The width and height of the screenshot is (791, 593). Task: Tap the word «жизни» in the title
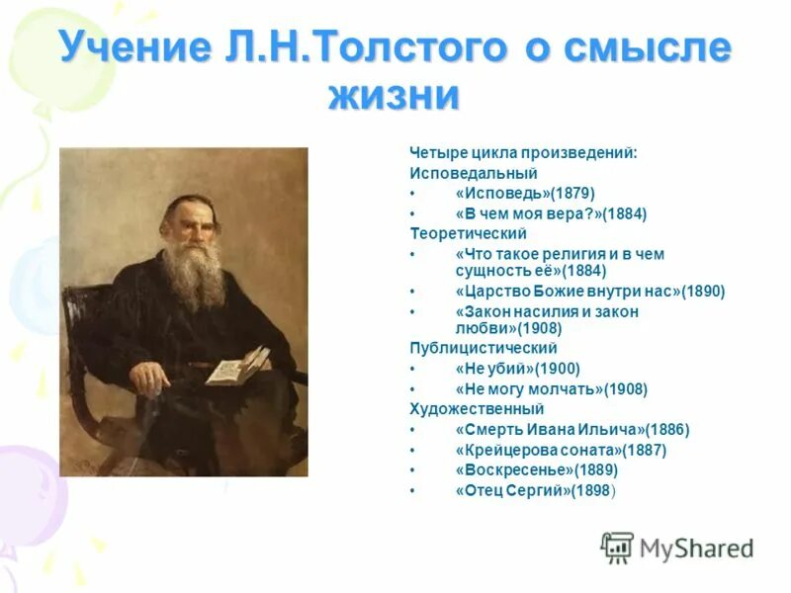click(x=394, y=96)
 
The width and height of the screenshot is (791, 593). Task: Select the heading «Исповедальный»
click(x=460, y=173)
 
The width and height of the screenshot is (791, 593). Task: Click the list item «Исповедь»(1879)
click(x=525, y=193)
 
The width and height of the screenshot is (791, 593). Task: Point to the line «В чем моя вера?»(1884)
click(x=551, y=213)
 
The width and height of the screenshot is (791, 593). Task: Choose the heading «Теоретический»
click(x=469, y=233)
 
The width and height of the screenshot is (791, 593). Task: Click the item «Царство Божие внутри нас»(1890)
click(x=590, y=292)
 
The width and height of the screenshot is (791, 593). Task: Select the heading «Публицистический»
click(x=483, y=349)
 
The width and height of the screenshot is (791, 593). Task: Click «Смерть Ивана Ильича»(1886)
click(x=572, y=429)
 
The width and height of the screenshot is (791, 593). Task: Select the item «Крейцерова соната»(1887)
click(x=561, y=450)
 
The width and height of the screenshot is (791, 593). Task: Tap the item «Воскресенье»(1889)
click(x=536, y=470)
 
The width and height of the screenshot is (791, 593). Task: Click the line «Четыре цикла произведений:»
click(x=523, y=153)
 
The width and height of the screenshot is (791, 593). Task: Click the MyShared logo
click(x=677, y=548)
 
